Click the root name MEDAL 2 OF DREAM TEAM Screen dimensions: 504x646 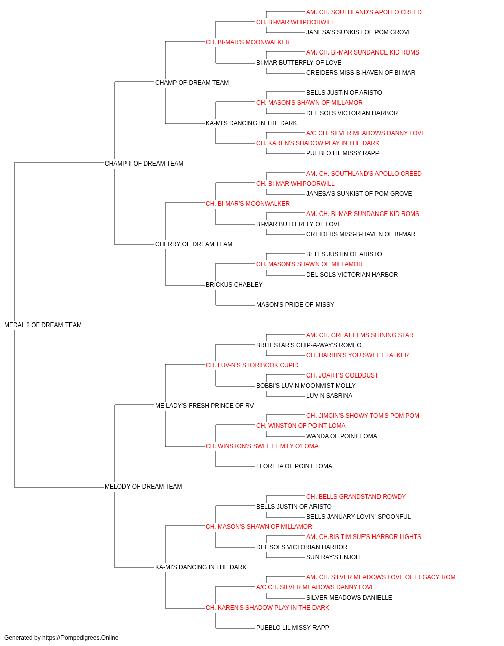[x=43, y=325]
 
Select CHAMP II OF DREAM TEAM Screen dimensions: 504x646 [x=144, y=164]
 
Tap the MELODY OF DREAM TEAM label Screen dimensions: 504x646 [x=143, y=487]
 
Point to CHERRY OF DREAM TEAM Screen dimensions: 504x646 [x=194, y=244]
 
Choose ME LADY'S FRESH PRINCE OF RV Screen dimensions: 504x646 [x=204, y=405]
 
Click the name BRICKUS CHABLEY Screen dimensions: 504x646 [x=234, y=285]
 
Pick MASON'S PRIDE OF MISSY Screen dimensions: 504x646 [x=295, y=305]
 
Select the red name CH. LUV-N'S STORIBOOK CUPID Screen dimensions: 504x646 [x=252, y=365]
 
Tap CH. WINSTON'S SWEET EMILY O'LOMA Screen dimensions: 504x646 [x=262, y=446]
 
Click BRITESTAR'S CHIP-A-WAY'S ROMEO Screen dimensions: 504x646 [x=308, y=345]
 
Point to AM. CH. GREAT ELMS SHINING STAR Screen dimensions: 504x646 [x=360, y=335]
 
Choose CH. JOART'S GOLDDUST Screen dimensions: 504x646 [x=342, y=375]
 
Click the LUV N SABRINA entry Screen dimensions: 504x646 [x=329, y=396]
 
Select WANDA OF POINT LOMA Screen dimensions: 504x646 [x=342, y=436]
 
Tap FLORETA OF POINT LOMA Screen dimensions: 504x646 [x=294, y=466]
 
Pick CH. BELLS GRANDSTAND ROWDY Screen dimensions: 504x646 [x=356, y=497]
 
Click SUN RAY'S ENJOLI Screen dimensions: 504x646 [x=333, y=557]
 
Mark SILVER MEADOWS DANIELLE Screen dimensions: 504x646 [x=349, y=598]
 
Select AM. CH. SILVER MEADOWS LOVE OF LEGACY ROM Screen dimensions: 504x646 [x=381, y=577]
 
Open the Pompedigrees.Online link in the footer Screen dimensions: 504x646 [x=80, y=638]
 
